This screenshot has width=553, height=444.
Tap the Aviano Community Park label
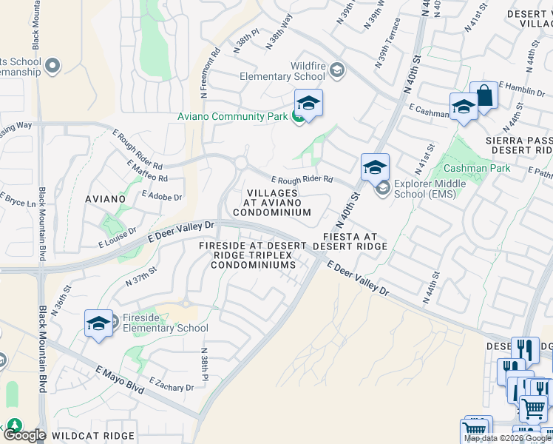(231, 117)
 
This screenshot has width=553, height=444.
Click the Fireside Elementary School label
(165, 323)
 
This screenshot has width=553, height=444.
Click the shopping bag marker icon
(484, 96)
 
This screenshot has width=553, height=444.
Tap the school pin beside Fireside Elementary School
(98, 323)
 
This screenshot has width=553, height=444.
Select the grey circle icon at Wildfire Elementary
(336, 70)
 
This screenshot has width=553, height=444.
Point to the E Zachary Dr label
(172, 384)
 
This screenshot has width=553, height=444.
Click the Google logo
(25, 435)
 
